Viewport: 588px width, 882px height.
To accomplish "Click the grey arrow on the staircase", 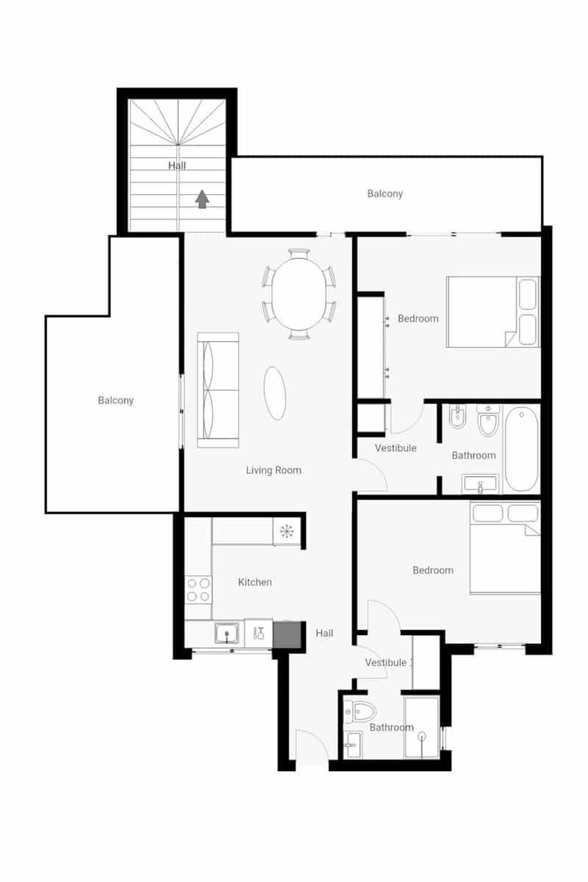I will point(203,199).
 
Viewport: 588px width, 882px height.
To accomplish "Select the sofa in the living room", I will point(218,390).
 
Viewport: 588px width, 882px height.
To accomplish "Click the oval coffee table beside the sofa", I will point(275,392).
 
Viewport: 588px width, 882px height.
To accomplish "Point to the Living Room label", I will point(273,470).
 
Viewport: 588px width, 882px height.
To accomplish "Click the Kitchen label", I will point(255,582).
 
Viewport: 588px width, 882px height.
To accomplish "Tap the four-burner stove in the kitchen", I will point(198,589).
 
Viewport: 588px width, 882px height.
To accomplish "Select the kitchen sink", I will point(228,633).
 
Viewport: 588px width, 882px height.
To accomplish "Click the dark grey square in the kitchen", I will point(287,634).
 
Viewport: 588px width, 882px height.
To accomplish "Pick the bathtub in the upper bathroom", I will point(521,448).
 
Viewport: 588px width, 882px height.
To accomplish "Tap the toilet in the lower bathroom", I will point(362,711).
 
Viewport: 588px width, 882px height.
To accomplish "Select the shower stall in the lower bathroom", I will point(422,727).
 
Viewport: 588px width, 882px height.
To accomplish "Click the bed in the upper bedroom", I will point(492,312).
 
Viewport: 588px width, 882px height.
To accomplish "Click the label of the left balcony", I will point(115,401).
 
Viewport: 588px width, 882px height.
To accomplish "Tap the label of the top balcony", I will point(385,194).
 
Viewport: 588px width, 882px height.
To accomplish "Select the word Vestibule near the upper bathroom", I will point(395,448).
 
